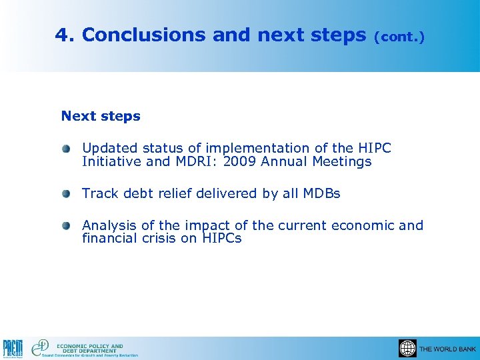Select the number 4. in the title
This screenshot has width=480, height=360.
click(x=65, y=35)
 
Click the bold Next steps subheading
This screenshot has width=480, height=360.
click(x=101, y=116)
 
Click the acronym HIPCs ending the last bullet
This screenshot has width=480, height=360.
click(x=221, y=238)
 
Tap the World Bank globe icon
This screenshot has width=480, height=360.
click(x=407, y=349)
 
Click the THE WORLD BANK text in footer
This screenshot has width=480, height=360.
click(x=447, y=349)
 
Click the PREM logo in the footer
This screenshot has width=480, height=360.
click(x=13, y=349)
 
